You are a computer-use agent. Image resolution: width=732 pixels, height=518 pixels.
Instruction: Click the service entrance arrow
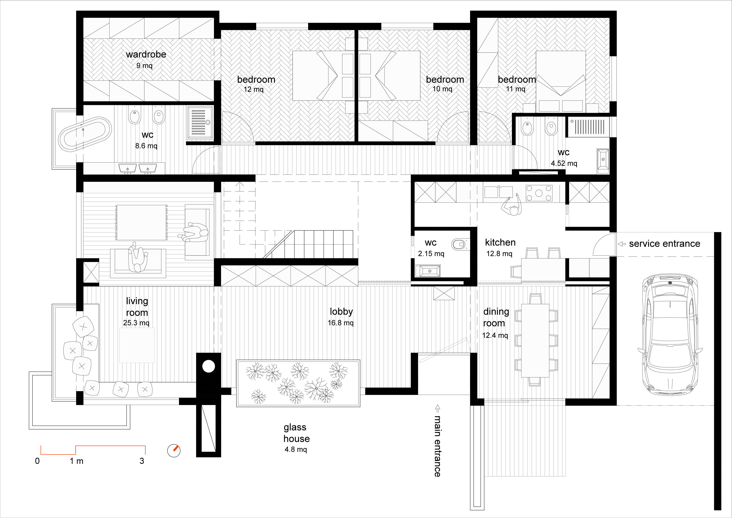[622, 244]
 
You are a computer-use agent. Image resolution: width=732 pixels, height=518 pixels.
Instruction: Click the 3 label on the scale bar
[142, 461]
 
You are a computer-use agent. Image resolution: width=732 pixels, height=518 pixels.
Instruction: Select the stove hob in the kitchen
[539, 193]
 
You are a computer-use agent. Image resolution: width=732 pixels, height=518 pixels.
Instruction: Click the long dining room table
[535, 340]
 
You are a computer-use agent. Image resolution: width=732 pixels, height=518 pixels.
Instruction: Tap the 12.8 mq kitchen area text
[499, 254]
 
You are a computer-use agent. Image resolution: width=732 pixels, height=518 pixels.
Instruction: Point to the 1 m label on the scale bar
[77, 461]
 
